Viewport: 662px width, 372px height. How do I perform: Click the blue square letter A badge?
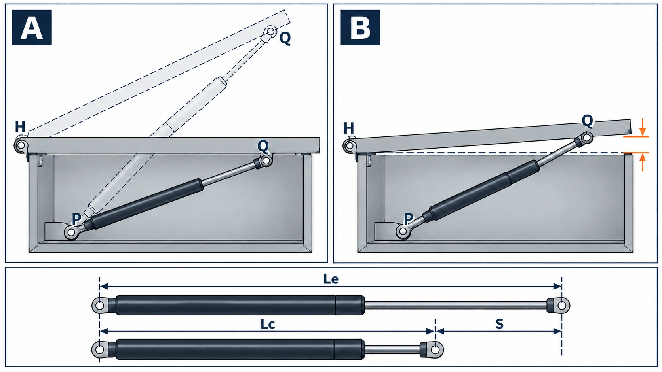pos(32,27)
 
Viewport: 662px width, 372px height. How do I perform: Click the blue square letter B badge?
pos(360,27)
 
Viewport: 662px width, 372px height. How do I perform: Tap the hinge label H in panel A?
pos(20,127)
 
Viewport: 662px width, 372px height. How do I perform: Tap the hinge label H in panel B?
pos(349,128)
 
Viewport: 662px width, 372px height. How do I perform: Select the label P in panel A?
pos(76,219)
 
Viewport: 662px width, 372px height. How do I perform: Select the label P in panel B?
pos(408,219)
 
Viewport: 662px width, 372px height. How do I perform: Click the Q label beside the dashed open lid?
pos(285,38)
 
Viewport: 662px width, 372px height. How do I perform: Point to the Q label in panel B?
pos(587,121)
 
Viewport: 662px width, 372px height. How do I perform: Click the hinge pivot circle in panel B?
pos(350,145)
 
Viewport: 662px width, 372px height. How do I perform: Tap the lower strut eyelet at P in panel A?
pos(71,232)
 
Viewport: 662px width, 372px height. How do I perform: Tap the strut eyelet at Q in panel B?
pos(586,138)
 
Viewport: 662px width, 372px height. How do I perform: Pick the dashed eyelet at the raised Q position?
pos(270,31)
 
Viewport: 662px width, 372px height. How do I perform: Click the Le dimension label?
pos(331,279)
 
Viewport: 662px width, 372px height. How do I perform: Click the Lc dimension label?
pos(268,324)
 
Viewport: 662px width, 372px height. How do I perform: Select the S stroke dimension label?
pos(499,324)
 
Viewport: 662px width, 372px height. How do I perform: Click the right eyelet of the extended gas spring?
pos(561,306)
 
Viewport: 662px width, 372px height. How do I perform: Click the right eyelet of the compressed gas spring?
pos(435,349)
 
